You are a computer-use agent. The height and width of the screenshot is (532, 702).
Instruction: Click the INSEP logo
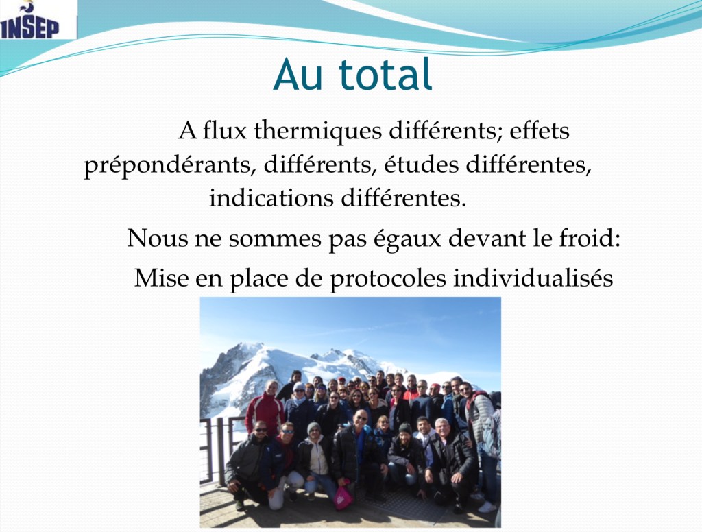[29, 20]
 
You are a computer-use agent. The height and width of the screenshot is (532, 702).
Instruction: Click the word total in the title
[385, 74]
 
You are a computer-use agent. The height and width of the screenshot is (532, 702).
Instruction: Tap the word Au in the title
[298, 75]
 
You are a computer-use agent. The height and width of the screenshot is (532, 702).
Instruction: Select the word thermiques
[318, 131]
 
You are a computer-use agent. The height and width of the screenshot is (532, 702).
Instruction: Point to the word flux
[225, 131]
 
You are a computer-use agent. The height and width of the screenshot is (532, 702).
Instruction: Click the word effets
[540, 131]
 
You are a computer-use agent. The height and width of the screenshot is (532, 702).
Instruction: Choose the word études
[422, 165]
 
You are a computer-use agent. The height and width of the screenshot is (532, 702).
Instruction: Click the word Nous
[157, 239]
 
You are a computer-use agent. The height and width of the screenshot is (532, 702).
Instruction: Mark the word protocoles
[388, 279]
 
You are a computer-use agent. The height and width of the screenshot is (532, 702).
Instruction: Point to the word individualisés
[533, 278]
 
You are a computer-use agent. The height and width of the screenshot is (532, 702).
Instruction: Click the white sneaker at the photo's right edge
[487, 507]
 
